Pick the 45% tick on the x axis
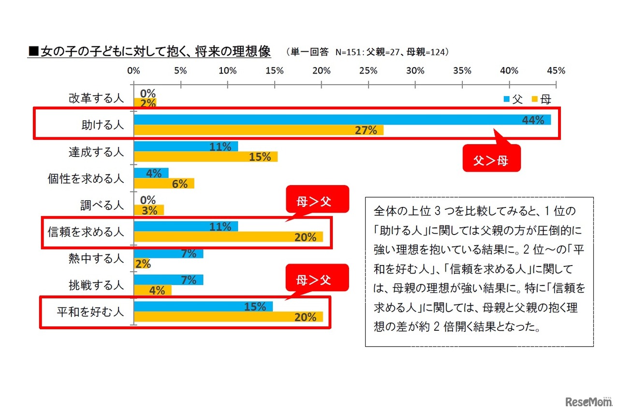click(x=556, y=71)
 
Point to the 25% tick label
click(x=368, y=71)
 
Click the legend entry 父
click(x=513, y=99)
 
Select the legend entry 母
click(x=541, y=99)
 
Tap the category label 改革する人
click(x=96, y=99)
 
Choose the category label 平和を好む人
click(x=90, y=312)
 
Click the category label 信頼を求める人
click(x=86, y=232)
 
